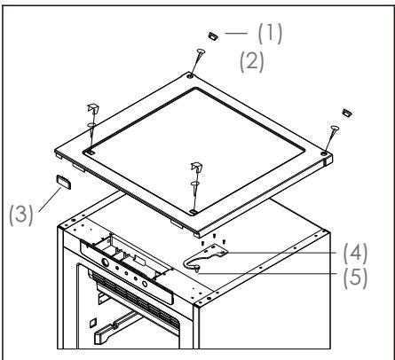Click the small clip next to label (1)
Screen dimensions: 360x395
coord(212,38)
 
